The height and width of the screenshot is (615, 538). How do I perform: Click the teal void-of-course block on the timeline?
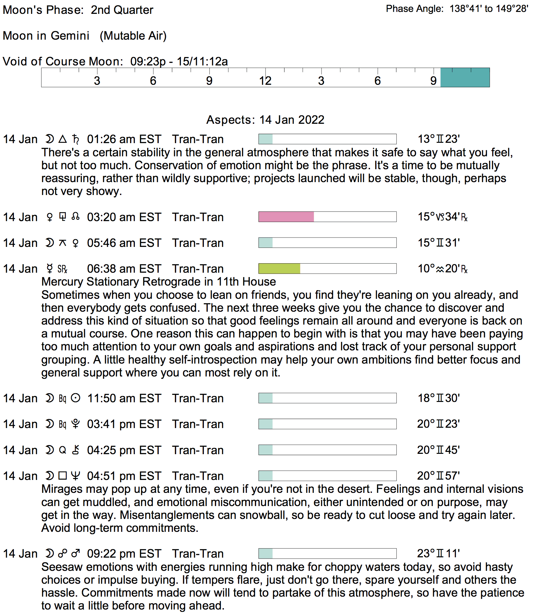point(465,78)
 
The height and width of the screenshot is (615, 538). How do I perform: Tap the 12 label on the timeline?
point(265,81)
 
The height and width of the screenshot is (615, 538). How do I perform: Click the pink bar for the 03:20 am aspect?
point(286,217)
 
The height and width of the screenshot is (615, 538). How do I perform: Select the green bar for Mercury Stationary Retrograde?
point(279,268)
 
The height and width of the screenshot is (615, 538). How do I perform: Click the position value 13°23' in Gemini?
point(439,139)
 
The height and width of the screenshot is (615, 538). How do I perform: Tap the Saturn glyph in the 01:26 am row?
point(76,139)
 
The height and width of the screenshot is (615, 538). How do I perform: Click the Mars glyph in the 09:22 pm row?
point(76,554)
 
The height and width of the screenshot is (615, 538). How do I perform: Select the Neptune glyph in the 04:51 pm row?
point(75,476)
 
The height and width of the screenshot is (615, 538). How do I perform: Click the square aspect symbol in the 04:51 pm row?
point(63,476)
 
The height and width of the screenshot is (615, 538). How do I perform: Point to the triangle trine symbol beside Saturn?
point(63,139)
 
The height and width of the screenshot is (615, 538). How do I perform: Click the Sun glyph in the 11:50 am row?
point(75,398)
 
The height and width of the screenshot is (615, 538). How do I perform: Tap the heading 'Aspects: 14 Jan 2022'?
point(265,120)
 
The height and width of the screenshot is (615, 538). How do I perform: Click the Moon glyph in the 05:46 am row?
point(50,243)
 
